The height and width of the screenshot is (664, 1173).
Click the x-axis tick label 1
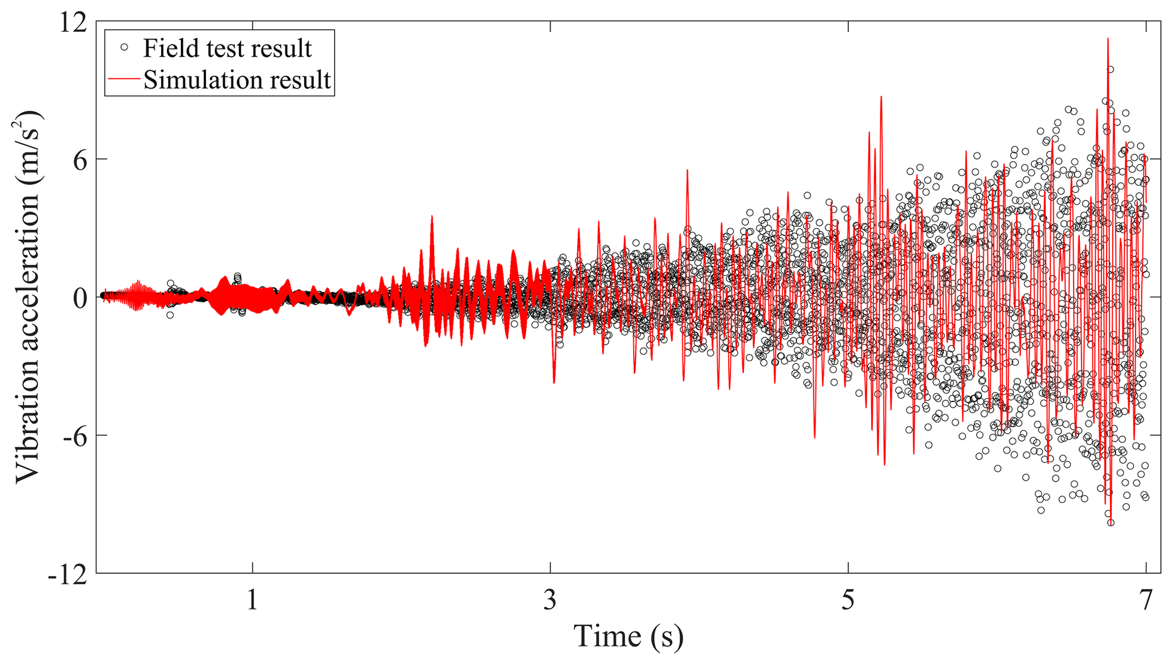click(x=253, y=600)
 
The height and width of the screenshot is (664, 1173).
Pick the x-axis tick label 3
click(x=550, y=600)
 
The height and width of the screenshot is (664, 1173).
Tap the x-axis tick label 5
click(x=848, y=600)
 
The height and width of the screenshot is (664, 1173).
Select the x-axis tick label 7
click(x=1146, y=600)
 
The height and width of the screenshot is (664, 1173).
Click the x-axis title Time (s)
click(x=628, y=636)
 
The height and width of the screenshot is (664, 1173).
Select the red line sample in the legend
click(x=124, y=79)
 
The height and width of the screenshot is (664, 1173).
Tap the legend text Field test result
click(x=227, y=49)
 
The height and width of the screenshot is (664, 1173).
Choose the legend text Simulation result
click(x=237, y=80)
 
